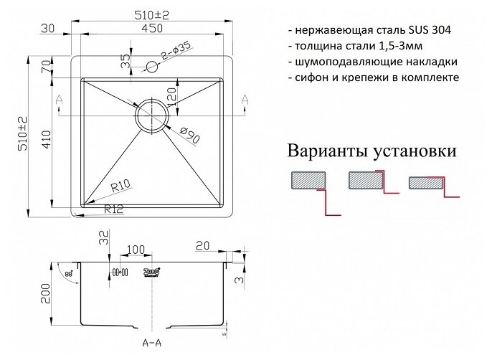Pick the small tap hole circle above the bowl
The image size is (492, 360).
point(152,67)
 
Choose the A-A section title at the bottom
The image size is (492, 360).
point(152,344)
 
